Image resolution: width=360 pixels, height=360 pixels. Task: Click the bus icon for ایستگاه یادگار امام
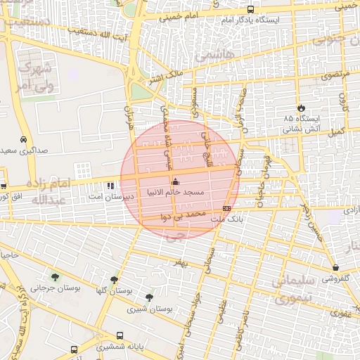(x=251, y=9)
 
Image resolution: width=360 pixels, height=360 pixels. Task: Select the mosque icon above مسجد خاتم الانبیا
(x=175, y=182)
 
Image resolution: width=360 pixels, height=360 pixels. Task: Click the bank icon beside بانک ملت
(x=226, y=209)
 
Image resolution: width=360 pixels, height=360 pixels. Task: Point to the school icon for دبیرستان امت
(x=110, y=186)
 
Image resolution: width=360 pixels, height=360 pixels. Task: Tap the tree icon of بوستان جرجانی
(x=55, y=276)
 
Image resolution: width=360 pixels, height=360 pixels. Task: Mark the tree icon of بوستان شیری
(x=148, y=297)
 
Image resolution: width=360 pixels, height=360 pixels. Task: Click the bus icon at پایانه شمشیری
(x=120, y=335)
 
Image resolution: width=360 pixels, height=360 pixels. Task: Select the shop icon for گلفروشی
(x=336, y=267)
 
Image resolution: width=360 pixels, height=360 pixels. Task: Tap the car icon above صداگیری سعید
(x=24, y=139)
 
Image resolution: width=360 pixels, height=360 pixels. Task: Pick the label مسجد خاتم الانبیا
(x=175, y=192)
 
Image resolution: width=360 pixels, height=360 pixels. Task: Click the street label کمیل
(x=337, y=131)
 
